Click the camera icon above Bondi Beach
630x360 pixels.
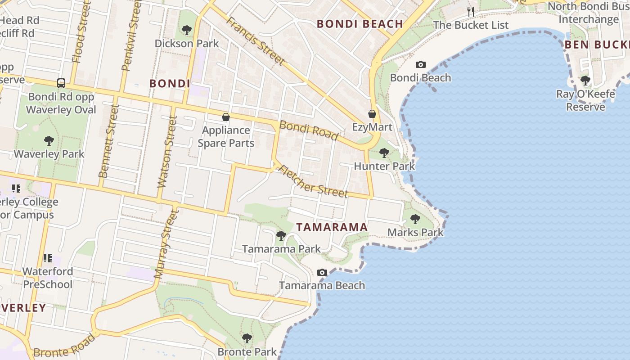(x=420, y=64)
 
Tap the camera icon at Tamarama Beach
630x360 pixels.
(x=322, y=272)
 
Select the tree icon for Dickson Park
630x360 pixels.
(x=186, y=30)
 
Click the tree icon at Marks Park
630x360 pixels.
(x=415, y=219)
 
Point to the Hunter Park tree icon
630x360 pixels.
(x=384, y=153)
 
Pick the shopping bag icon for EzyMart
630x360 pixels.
(x=372, y=114)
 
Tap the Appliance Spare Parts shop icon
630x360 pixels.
(x=226, y=117)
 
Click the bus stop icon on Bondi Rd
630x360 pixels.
(x=61, y=83)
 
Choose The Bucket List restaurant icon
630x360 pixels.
(x=471, y=11)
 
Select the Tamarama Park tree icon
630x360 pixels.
(x=281, y=235)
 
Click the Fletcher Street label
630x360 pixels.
(x=313, y=181)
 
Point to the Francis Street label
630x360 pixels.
(x=255, y=41)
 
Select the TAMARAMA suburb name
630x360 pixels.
(x=333, y=227)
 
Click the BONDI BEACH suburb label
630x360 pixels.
(x=360, y=24)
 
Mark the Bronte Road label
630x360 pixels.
(x=65, y=345)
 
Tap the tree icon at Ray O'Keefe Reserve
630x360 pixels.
(x=585, y=81)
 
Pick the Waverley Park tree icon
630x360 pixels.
(x=49, y=141)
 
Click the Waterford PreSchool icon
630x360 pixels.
(x=48, y=258)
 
